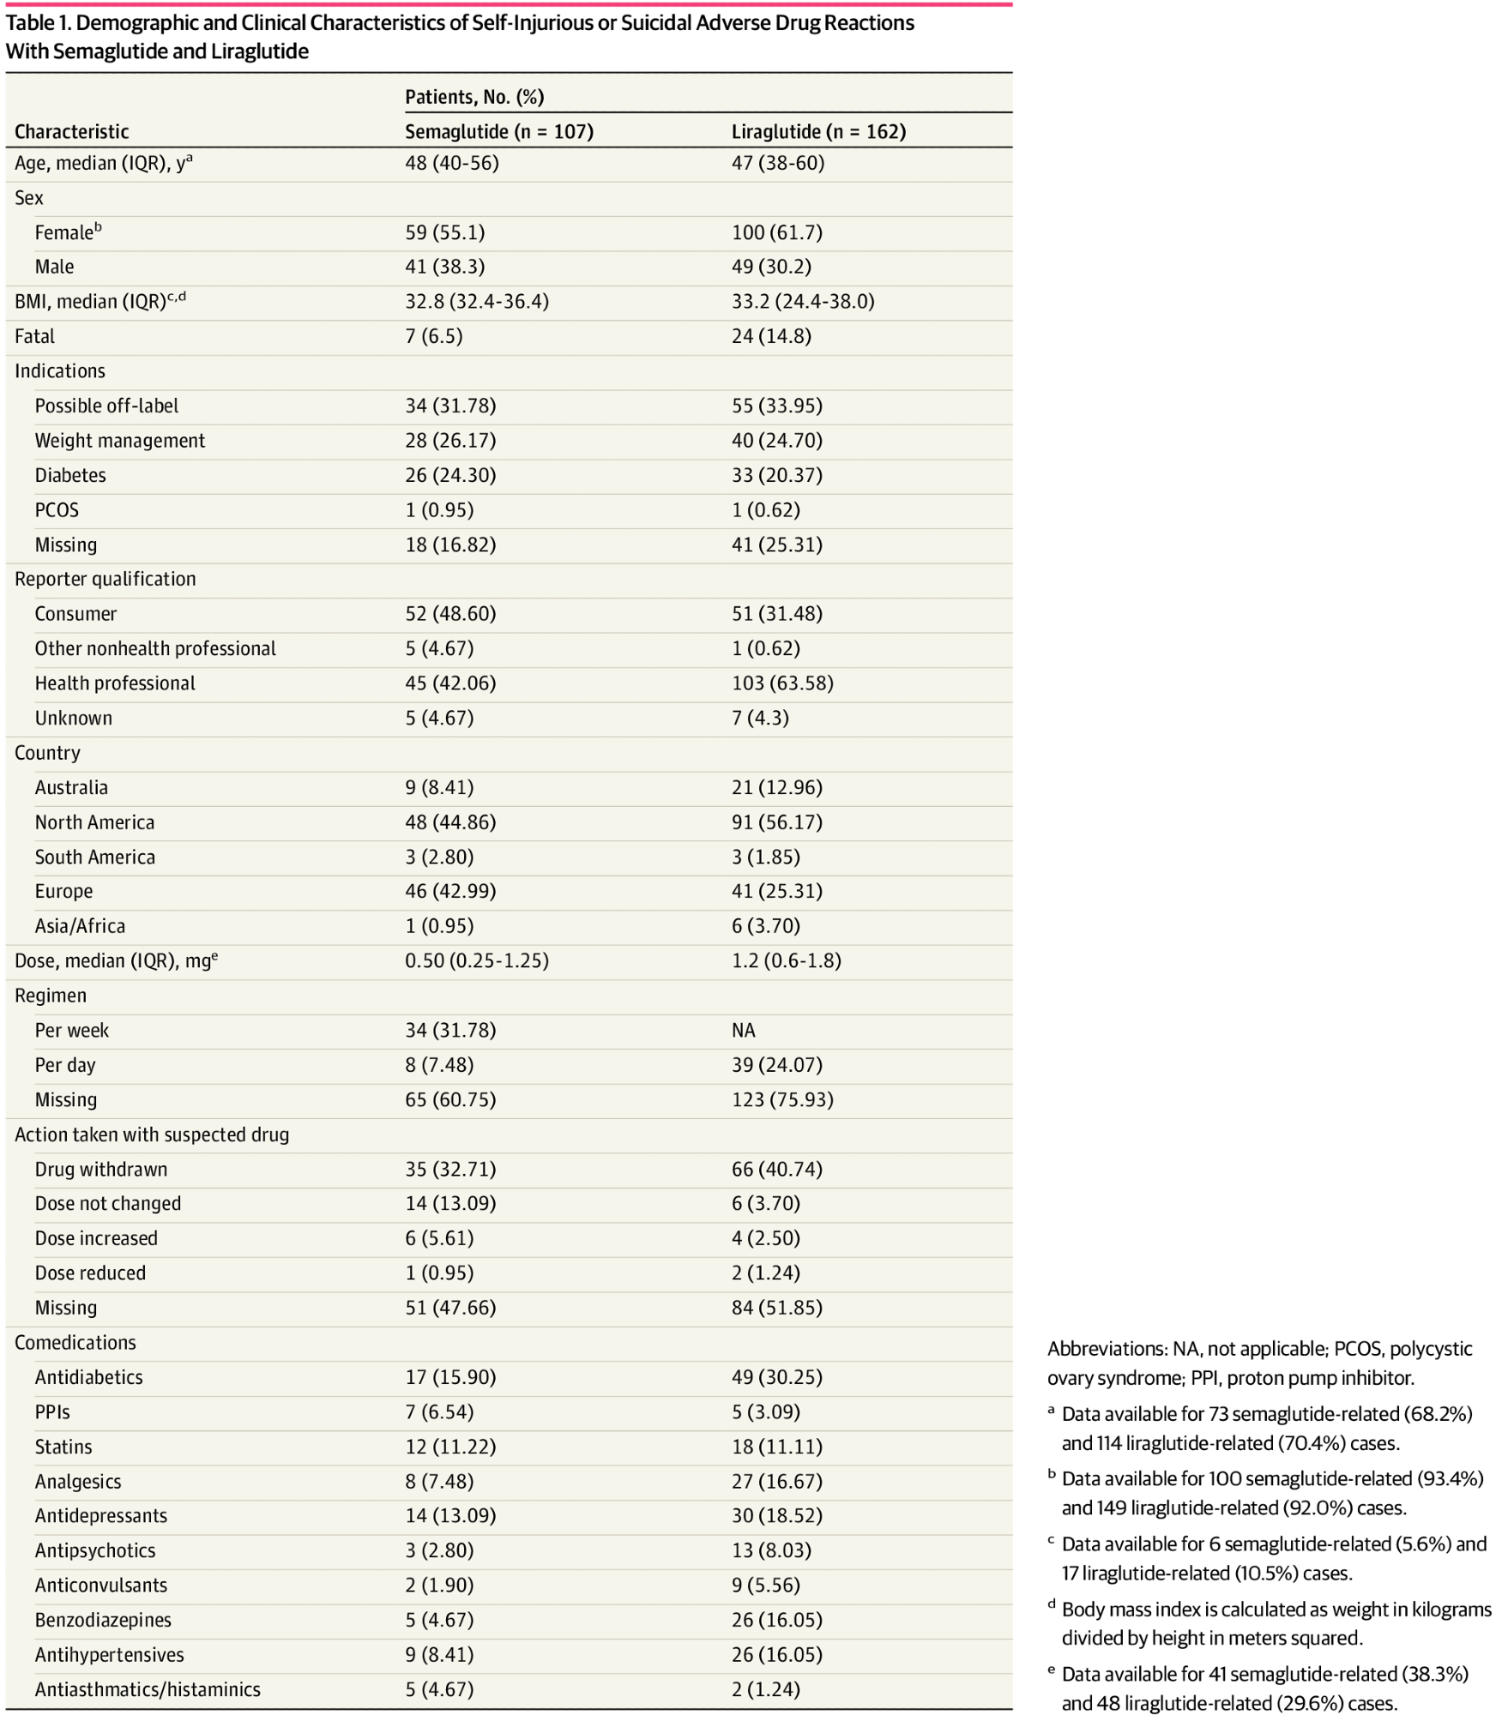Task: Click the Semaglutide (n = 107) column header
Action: click(498, 131)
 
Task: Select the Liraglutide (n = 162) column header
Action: click(818, 131)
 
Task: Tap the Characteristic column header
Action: click(71, 131)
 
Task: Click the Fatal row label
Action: click(34, 336)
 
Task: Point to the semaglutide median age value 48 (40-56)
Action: click(451, 163)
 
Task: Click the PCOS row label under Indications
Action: click(57, 510)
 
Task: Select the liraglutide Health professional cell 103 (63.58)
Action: click(781, 683)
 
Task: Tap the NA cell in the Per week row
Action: click(743, 1030)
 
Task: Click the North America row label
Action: click(94, 822)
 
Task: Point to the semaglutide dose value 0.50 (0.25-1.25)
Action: click(476, 960)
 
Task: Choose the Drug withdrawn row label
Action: click(101, 1169)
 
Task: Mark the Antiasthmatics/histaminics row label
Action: click(148, 1689)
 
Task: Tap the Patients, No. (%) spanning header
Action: click(474, 97)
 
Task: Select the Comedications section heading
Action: click(75, 1342)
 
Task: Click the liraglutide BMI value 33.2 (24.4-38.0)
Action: click(802, 302)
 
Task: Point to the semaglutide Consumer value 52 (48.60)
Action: click(450, 614)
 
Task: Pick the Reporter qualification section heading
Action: click(105, 579)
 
